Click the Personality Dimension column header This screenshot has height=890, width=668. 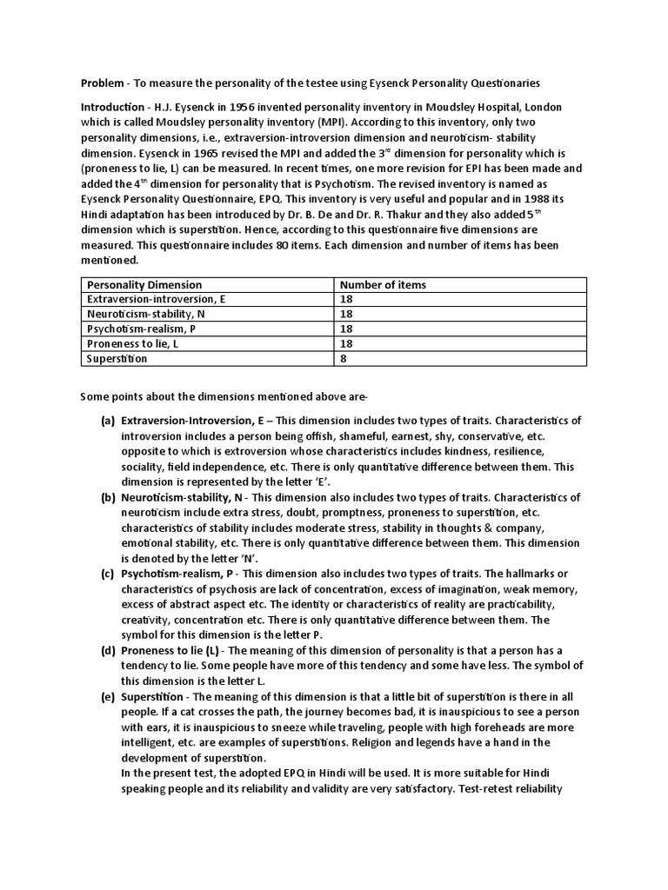tap(144, 285)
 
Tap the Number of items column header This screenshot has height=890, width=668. tap(383, 285)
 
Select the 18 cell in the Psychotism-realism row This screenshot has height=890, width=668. tap(346, 329)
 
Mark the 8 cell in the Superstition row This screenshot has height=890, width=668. tap(343, 359)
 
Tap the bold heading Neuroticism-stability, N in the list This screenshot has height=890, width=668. tap(183, 497)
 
